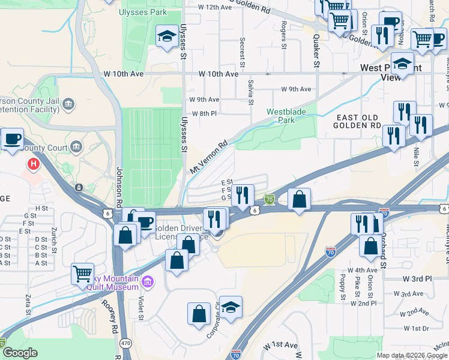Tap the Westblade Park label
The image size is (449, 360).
click(286, 116)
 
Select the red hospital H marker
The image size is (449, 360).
click(34, 163)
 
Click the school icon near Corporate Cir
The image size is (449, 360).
click(231, 307)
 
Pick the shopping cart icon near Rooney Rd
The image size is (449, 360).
click(83, 273)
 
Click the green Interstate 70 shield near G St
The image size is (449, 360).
click(270, 199)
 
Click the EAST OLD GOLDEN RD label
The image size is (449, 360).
click(359, 122)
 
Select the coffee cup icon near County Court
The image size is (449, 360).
click(12, 139)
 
